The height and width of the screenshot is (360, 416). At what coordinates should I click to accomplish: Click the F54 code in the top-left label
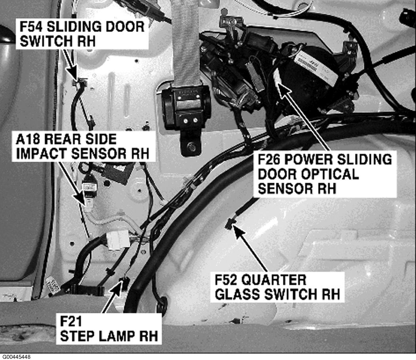coord(31,27)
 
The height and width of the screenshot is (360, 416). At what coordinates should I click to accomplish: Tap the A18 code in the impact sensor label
coord(28,139)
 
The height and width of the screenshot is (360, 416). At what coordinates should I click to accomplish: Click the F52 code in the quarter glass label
coord(226,280)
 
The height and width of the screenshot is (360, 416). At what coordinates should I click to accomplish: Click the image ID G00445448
coord(17,357)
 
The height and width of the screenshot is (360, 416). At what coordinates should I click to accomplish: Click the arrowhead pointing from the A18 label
coord(86,205)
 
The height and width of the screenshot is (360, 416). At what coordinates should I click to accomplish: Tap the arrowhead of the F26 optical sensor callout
coord(278,82)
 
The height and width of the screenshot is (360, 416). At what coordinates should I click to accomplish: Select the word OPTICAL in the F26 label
coord(308,174)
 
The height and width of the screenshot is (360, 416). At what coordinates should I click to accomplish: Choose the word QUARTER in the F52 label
coord(274,280)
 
